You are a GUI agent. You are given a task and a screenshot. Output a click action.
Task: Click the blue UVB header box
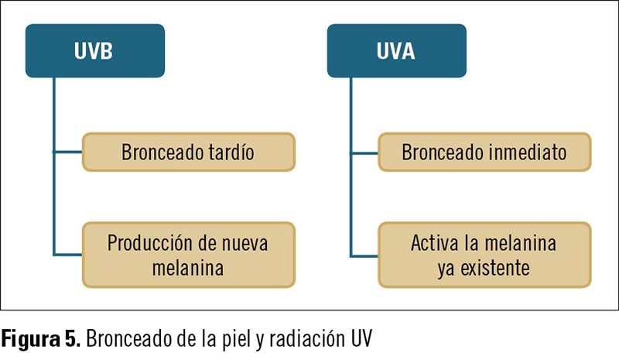click(94, 50)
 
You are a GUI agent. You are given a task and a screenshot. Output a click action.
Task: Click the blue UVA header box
click(397, 50)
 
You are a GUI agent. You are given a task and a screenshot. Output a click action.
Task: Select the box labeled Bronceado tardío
click(189, 153)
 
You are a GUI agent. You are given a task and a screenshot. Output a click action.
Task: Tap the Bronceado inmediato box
click(484, 153)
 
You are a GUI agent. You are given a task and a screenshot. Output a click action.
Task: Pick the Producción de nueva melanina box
click(189, 255)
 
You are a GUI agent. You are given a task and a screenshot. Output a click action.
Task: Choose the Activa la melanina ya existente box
click(484, 255)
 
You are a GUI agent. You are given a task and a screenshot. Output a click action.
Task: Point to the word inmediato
click(526, 153)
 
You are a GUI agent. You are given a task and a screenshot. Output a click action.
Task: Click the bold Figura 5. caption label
click(41, 338)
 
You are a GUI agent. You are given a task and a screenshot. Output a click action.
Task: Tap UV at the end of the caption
click(361, 338)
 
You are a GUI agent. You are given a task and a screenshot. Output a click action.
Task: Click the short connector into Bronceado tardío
click(68, 152)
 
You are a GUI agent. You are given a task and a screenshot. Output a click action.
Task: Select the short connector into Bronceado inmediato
click(364, 153)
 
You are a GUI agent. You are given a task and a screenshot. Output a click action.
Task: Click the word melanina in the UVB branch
click(188, 269)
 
